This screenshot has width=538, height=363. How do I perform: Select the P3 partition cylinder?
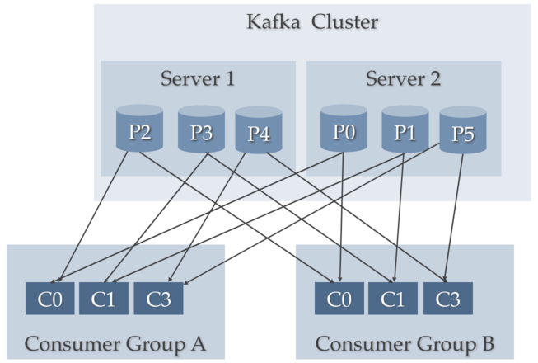coord(201,130)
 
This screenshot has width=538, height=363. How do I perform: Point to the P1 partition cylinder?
coord(404,130)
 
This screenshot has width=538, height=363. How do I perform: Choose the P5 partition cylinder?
coord(462,133)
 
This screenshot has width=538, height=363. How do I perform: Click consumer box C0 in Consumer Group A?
coord(49,299)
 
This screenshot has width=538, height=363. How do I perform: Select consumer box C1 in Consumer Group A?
coord(103,299)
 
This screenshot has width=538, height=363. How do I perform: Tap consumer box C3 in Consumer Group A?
coord(157,299)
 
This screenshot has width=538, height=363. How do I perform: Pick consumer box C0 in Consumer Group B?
coord(339,299)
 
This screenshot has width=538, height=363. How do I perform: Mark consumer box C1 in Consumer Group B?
coord(392,299)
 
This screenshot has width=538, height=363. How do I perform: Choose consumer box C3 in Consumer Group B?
coord(447,299)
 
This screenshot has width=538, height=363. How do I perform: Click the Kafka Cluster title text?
coord(312,21)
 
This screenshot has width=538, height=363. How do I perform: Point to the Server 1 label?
coord(198,79)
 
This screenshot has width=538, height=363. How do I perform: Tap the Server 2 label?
coord(403,79)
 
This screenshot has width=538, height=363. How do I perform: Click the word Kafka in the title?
coord(274,21)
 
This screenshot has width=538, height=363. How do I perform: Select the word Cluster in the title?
coord(345,21)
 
